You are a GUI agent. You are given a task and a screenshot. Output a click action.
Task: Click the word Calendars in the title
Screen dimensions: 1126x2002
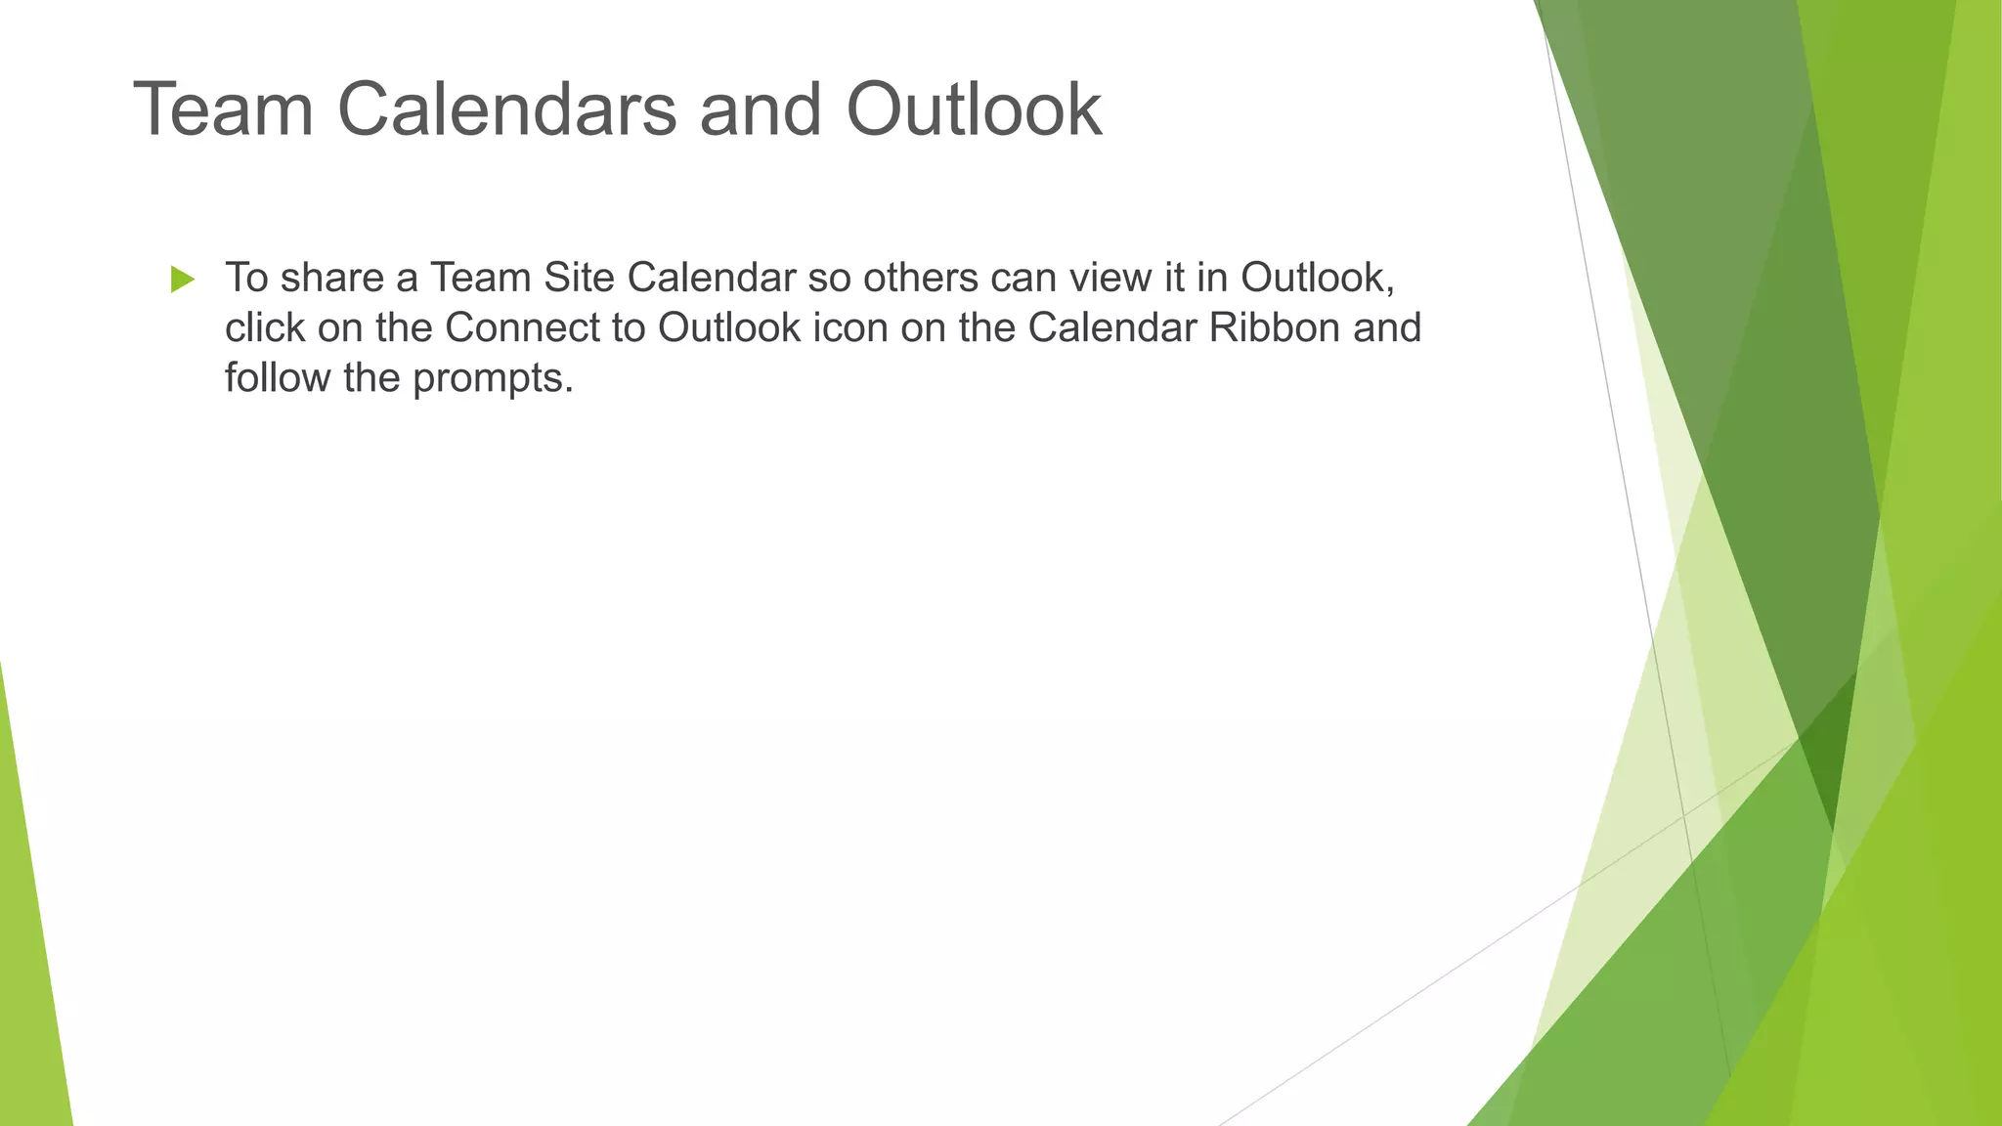point(506,109)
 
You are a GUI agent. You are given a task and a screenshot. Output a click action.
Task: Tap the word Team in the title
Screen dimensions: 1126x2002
point(223,109)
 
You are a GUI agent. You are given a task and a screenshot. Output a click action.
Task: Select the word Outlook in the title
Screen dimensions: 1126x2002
point(974,109)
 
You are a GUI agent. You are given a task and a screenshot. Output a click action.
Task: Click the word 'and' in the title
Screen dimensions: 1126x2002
point(761,109)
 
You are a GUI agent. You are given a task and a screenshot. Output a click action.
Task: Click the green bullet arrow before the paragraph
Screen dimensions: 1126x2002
point(183,280)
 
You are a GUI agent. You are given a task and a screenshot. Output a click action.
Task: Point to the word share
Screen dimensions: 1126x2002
point(331,279)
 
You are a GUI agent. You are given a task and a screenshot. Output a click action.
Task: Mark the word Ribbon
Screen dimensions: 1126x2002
point(1274,328)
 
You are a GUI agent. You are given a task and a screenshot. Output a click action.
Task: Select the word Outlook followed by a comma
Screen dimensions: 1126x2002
point(1316,279)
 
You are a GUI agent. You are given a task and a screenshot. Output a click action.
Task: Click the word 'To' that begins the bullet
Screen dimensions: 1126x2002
point(246,279)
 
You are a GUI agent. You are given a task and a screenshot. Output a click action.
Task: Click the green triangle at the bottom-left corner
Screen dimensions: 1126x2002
point(29,977)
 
